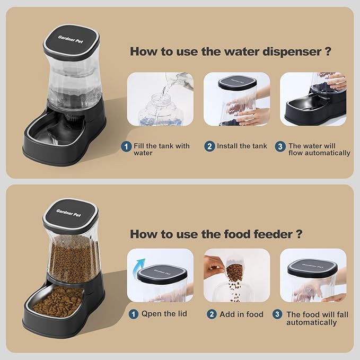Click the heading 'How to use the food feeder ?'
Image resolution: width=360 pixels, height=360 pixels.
[x=216, y=234]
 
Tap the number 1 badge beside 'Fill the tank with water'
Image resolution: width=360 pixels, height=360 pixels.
[x=127, y=146]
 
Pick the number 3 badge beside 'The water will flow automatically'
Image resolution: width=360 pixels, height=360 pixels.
[x=280, y=146]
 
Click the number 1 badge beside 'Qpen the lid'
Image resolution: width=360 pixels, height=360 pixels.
[x=135, y=314]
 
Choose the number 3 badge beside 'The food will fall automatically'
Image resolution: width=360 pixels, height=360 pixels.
[x=277, y=314]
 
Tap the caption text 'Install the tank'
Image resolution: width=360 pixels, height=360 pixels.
[x=242, y=146]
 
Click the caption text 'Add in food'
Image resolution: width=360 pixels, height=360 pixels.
[x=241, y=314]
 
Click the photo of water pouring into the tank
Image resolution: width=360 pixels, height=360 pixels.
[x=160, y=99]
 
